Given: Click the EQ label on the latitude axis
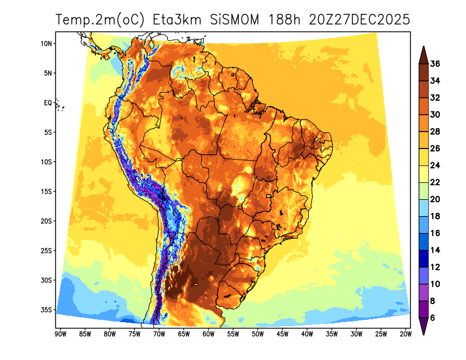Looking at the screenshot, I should coord(48,103).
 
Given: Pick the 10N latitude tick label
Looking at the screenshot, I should coord(47,44).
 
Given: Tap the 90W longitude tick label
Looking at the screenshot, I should coord(59,334).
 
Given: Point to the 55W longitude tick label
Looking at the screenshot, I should coord(232,334).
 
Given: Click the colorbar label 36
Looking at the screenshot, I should coord(435,64).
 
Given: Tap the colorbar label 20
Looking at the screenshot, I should coord(435,199).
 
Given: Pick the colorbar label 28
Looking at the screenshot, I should coord(435,132).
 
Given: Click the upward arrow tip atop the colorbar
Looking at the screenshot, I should coord(423,49).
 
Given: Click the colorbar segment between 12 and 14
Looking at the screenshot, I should coord(423,258).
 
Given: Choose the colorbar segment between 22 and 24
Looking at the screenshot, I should coord(423,174).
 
